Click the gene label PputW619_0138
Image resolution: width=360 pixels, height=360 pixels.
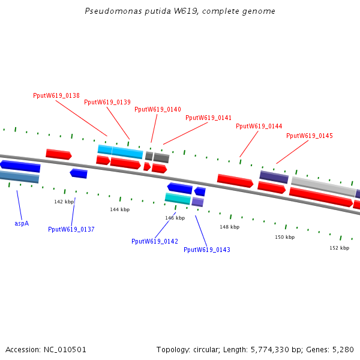point(56,96)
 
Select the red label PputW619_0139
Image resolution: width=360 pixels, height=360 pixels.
point(107,103)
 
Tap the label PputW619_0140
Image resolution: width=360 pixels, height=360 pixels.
point(158,110)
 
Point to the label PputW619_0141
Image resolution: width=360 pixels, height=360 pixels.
point(208,118)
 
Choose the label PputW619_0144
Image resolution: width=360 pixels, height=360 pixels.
point(259,127)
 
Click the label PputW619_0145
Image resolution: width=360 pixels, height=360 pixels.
point(309,136)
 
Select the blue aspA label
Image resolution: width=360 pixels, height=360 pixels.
point(22,223)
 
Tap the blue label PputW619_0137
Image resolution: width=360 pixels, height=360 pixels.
point(71,230)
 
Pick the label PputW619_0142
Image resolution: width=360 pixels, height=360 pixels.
point(155,241)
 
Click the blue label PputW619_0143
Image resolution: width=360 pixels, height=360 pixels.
point(207,250)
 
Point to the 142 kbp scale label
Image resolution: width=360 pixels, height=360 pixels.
point(64,202)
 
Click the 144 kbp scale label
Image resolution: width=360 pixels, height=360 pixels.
point(119,210)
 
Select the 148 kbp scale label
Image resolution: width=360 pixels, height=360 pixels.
point(229,227)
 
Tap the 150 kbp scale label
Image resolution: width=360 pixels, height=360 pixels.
point(285,238)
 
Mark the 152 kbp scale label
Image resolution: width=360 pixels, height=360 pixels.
point(339,248)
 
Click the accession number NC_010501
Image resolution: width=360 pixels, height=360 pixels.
point(65,349)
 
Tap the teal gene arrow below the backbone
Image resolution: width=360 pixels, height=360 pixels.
point(178,199)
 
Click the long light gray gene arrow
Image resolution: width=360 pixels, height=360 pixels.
point(323,186)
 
